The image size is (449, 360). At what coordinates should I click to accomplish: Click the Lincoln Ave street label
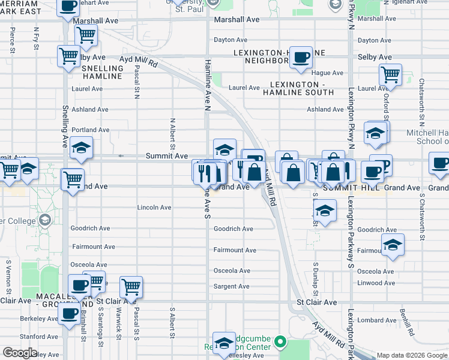[x=154, y=208]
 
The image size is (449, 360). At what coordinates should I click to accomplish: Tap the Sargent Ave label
[x=231, y=287]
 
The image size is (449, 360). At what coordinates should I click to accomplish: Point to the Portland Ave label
[x=90, y=130]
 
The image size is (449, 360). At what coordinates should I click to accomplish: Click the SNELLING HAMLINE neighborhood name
[x=102, y=73]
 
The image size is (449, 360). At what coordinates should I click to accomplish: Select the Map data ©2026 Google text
[x=411, y=355]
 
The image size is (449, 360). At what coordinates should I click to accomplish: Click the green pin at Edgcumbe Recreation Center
[x=280, y=343]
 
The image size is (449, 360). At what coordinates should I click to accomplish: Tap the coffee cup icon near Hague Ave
[x=301, y=56]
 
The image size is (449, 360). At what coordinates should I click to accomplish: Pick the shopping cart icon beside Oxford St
[x=391, y=75]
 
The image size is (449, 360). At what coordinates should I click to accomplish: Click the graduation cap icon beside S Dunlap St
[x=324, y=211]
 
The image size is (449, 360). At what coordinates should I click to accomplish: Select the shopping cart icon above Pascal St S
[x=131, y=286]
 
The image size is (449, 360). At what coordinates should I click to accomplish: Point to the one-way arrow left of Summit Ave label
[x=121, y=156]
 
